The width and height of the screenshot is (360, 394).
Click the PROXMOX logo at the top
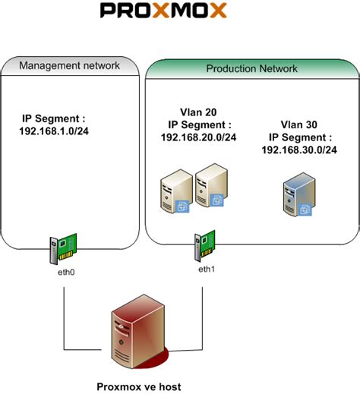tap(163, 11)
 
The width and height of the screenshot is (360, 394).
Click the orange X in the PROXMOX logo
tap(216, 11)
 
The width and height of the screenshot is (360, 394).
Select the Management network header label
tap(69, 65)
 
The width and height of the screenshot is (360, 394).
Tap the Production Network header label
tap(251, 68)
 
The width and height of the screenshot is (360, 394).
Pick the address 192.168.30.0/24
tap(298, 150)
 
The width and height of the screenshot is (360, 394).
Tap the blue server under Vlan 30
tap(295, 199)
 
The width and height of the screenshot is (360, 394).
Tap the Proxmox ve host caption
tap(139, 386)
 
